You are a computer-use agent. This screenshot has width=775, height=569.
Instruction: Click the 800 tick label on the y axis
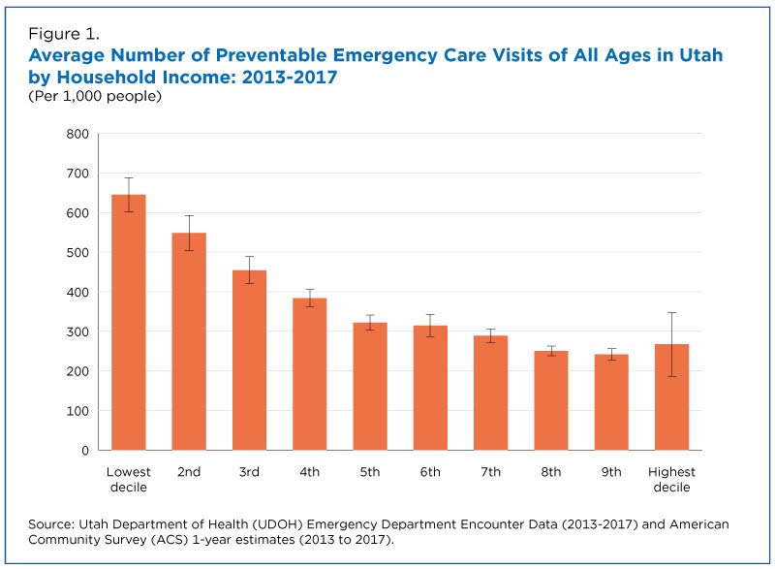[x=77, y=134]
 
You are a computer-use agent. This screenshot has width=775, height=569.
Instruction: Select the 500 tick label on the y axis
[x=77, y=252]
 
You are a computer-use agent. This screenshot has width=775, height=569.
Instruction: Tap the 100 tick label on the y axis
[x=77, y=411]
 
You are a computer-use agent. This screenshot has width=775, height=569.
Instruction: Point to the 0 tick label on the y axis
[x=85, y=451]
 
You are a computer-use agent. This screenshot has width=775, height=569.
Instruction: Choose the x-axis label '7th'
[x=489, y=472]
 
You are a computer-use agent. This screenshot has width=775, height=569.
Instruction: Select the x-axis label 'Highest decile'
[x=670, y=479]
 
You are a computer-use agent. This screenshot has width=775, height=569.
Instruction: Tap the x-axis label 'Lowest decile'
[x=128, y=479]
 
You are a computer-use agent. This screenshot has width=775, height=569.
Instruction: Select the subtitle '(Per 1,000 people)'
[x=94, y=96]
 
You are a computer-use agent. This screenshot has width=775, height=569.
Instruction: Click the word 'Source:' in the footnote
[x=55, y=523]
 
